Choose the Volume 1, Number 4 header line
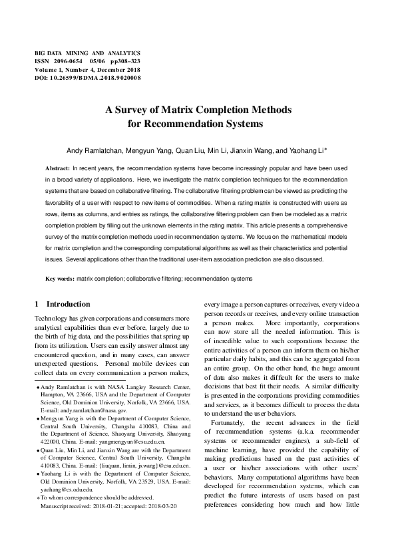87,69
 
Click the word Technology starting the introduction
54,319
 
